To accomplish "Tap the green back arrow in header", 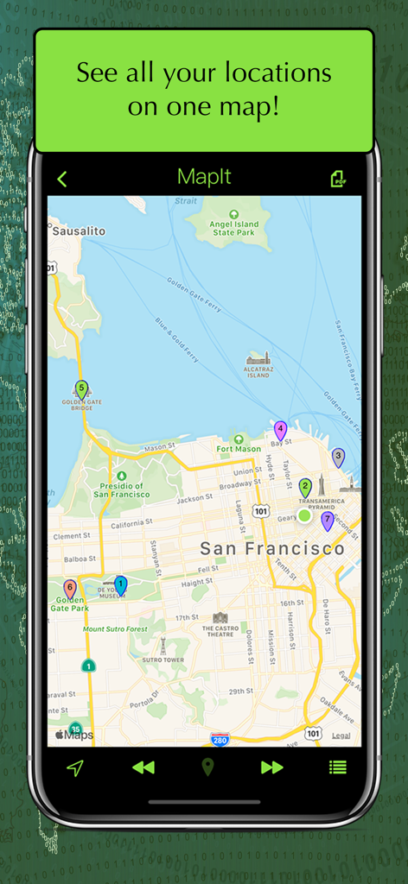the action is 61,179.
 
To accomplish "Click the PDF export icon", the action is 338,179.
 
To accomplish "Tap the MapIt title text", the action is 204,178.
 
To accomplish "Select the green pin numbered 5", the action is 82,389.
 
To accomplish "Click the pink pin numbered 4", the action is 280,430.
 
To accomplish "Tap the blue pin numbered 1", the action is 120,585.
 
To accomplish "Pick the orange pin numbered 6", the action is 70,589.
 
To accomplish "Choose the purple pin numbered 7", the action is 327,521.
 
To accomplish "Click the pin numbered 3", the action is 338,458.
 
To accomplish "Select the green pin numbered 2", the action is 305,488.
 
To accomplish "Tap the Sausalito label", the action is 79,231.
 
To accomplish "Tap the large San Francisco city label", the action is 271,548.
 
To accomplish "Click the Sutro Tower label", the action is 163,659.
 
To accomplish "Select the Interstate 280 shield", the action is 220,739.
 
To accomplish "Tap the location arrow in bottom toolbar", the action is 75,767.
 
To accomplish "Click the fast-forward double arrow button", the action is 271,767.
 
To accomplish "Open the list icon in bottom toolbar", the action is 337,767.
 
